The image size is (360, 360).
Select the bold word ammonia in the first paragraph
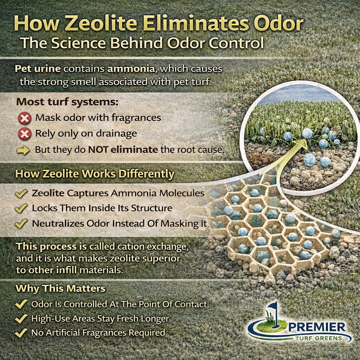point(135,69)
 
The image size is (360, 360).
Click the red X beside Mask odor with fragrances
point(25,118)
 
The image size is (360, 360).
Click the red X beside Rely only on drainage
point(25,134)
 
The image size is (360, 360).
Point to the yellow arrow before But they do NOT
point(24,150)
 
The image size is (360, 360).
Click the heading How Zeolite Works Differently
point(95,174)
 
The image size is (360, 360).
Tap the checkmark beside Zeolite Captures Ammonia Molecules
point(22,193)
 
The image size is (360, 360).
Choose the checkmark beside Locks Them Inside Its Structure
point(22,208)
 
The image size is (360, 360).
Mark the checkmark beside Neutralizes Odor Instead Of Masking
point(22,223)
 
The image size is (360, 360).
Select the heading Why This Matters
point(60,289)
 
